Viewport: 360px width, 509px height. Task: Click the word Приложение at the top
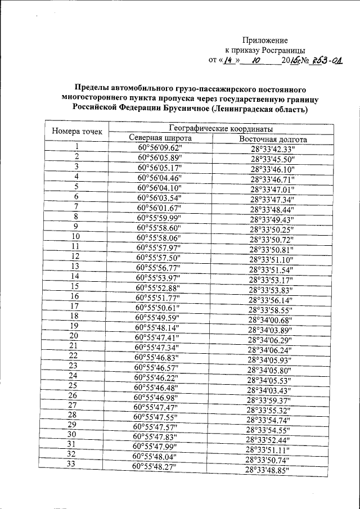[x=265, y=40]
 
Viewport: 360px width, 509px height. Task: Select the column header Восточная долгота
[x=273, y=139]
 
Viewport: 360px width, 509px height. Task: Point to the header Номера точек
[x=77, y=132]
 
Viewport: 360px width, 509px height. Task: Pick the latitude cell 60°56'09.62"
[x=160, y=148]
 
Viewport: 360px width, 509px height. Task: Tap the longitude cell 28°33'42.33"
[x=273, y=149]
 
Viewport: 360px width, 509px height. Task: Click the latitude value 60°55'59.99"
[x=160, y=217]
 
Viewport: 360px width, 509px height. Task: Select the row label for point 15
[x=74, y=286]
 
